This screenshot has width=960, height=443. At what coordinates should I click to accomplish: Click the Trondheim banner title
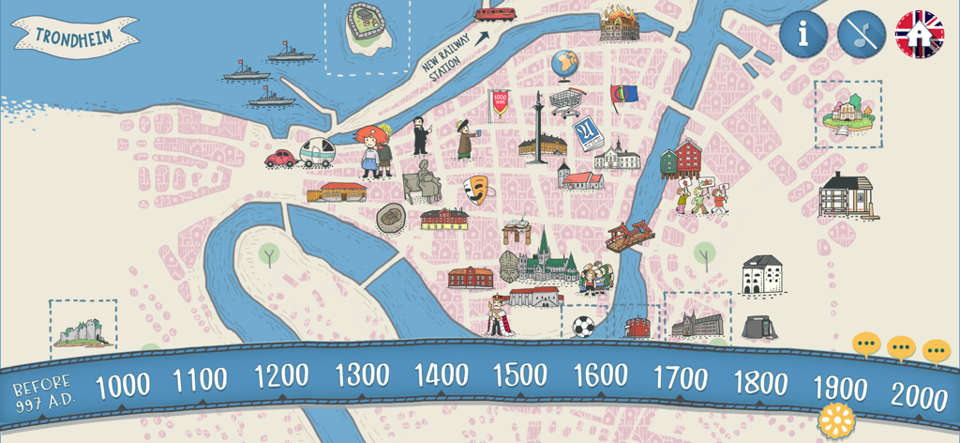pyautogui.click(x=74, y=37)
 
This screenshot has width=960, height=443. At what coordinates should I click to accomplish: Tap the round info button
pyautogui.click(x=802, y=35)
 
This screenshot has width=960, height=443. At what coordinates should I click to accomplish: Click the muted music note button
pyautogui.click(x=861, y=35)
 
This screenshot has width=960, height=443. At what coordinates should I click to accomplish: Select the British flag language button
pyautogui.click(x=919, y=35)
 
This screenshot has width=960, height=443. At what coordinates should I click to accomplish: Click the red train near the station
pyautogui.click(x=494, y=12)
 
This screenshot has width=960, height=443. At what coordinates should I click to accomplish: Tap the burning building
pyautogui.click(x=619, y=23)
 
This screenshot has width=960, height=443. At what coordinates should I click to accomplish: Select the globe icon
pyautogui.click(x=564, y=65)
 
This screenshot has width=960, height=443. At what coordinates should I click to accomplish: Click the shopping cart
pyautogui.click(x=566, y=100)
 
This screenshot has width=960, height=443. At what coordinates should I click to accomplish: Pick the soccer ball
pyautogui.click(x=583, y=327)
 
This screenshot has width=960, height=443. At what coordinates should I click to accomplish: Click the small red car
pyautogui.click(x=280, y=158)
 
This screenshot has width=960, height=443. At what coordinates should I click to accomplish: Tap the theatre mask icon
pyautogui.click(x=477, y=191)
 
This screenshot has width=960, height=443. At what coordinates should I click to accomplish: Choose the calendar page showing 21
pyautogui.click(x=588, y=134)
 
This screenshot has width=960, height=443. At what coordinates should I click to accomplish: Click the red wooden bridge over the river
pyautogui.click(x=629, y=235)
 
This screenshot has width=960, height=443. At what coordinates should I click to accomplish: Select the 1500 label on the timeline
pyautogui.click(x=519, y=375)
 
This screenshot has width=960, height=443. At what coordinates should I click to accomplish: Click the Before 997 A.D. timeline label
pyautogui.click(x=42, y=393)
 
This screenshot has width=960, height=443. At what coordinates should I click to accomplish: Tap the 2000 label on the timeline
pyautogui.click(x=920, y=395)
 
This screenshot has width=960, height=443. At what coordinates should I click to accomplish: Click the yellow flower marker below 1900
pyautogui.click(x=836, y=421)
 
